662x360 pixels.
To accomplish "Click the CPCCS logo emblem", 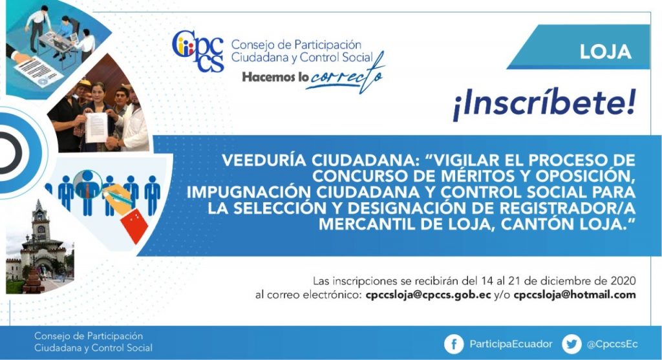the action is [198, 50].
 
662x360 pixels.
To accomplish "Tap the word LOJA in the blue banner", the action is [605, 52].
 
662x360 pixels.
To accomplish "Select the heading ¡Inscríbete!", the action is [544, 104].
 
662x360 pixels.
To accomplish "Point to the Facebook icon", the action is [454, 344].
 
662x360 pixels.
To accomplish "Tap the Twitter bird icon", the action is [571, 344].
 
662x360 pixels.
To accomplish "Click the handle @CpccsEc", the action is [612, 344].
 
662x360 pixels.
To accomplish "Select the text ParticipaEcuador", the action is [511, 344].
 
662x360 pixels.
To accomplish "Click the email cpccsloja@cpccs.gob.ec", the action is [428, 295].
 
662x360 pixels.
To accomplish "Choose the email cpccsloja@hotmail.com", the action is [575, 295].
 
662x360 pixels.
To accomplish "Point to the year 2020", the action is [623, 281].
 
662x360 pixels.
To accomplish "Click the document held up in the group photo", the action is [96, 127].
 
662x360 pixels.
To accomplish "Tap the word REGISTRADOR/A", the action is [566, 208].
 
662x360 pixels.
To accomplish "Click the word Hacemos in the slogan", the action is [267, 77].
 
